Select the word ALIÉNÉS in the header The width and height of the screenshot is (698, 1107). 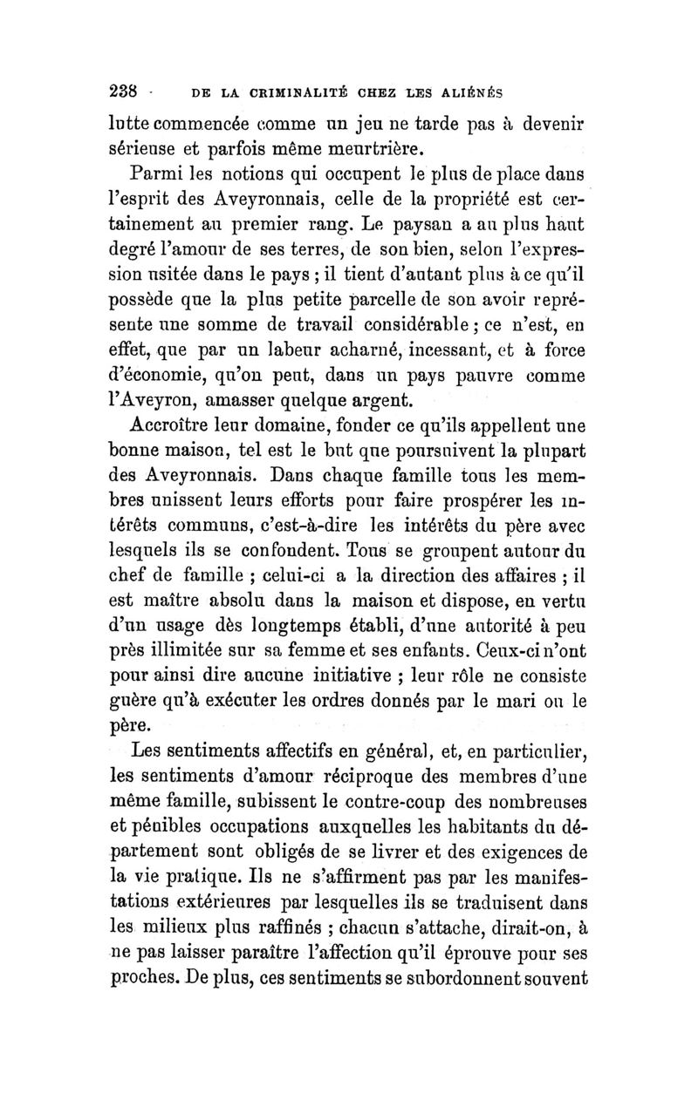click(472, 92)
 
